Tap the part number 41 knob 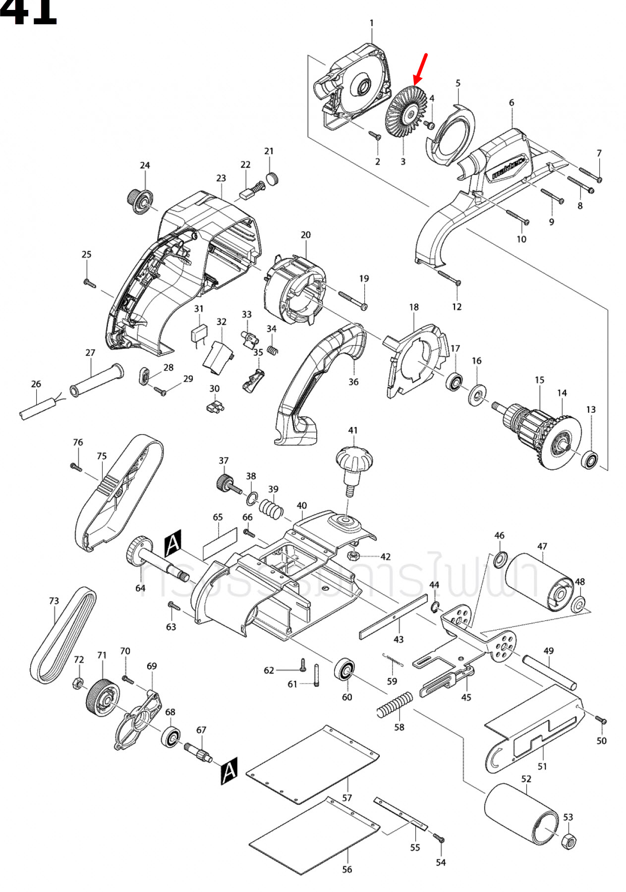point(354,461)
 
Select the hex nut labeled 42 point(353,555)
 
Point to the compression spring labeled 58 point(395,706)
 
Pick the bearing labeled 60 point(344,670)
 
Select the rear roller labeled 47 point(539,583)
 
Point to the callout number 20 point(306,234)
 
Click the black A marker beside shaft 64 point(173,543)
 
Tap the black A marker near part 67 point(229,771)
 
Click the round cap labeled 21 point(273,178)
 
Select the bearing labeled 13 point(590,460)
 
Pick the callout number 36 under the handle point(353,382)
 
